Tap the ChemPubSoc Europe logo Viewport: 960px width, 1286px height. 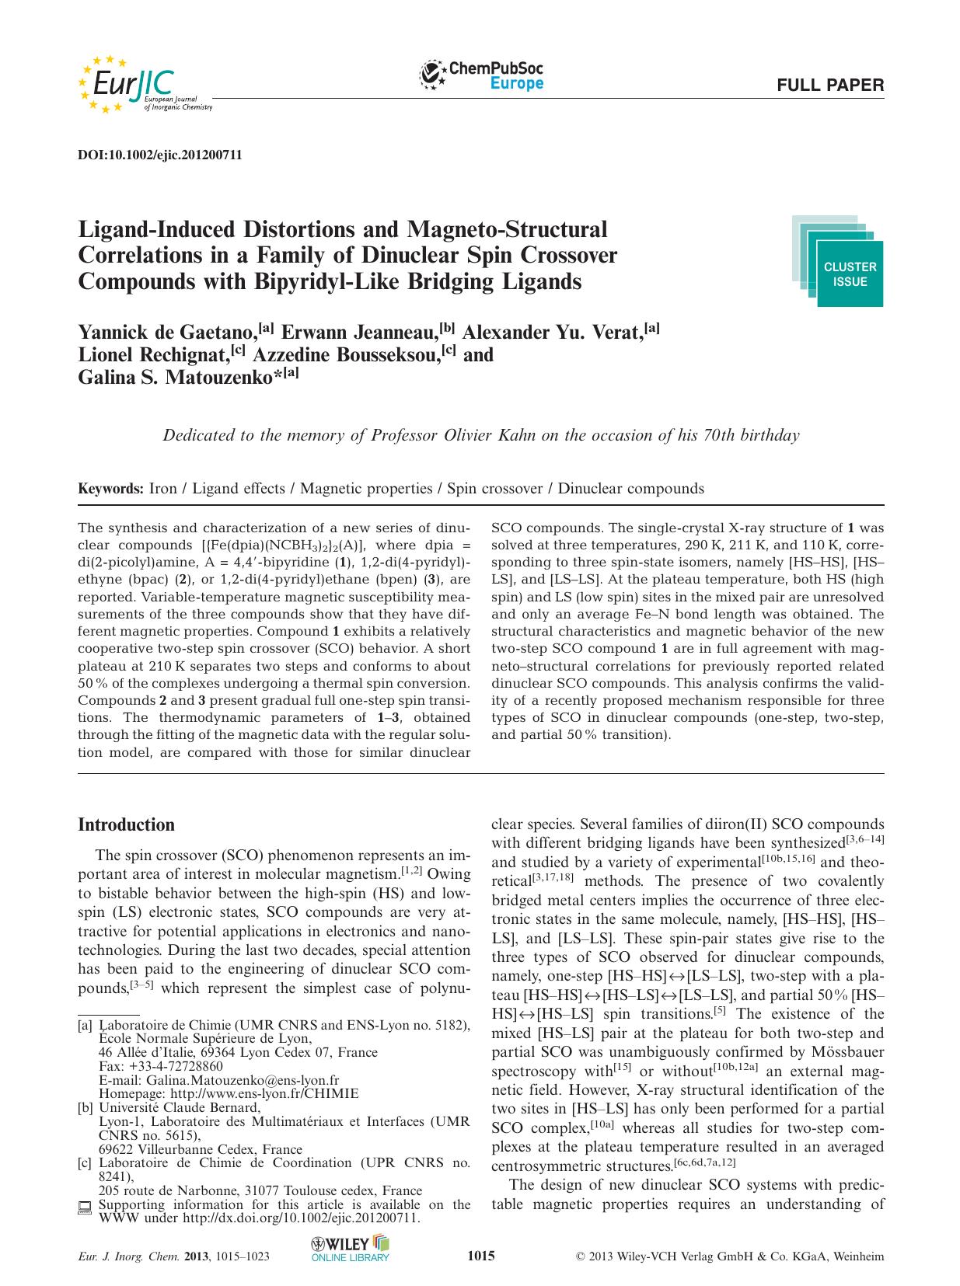[481, 75]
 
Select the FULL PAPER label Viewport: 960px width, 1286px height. [830, 85]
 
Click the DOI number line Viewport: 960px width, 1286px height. [160, 155]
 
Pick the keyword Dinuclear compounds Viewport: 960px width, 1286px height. [631, 489]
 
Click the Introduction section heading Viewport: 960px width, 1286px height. [127, 824]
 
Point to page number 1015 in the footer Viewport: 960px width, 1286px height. [480, 1256]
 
